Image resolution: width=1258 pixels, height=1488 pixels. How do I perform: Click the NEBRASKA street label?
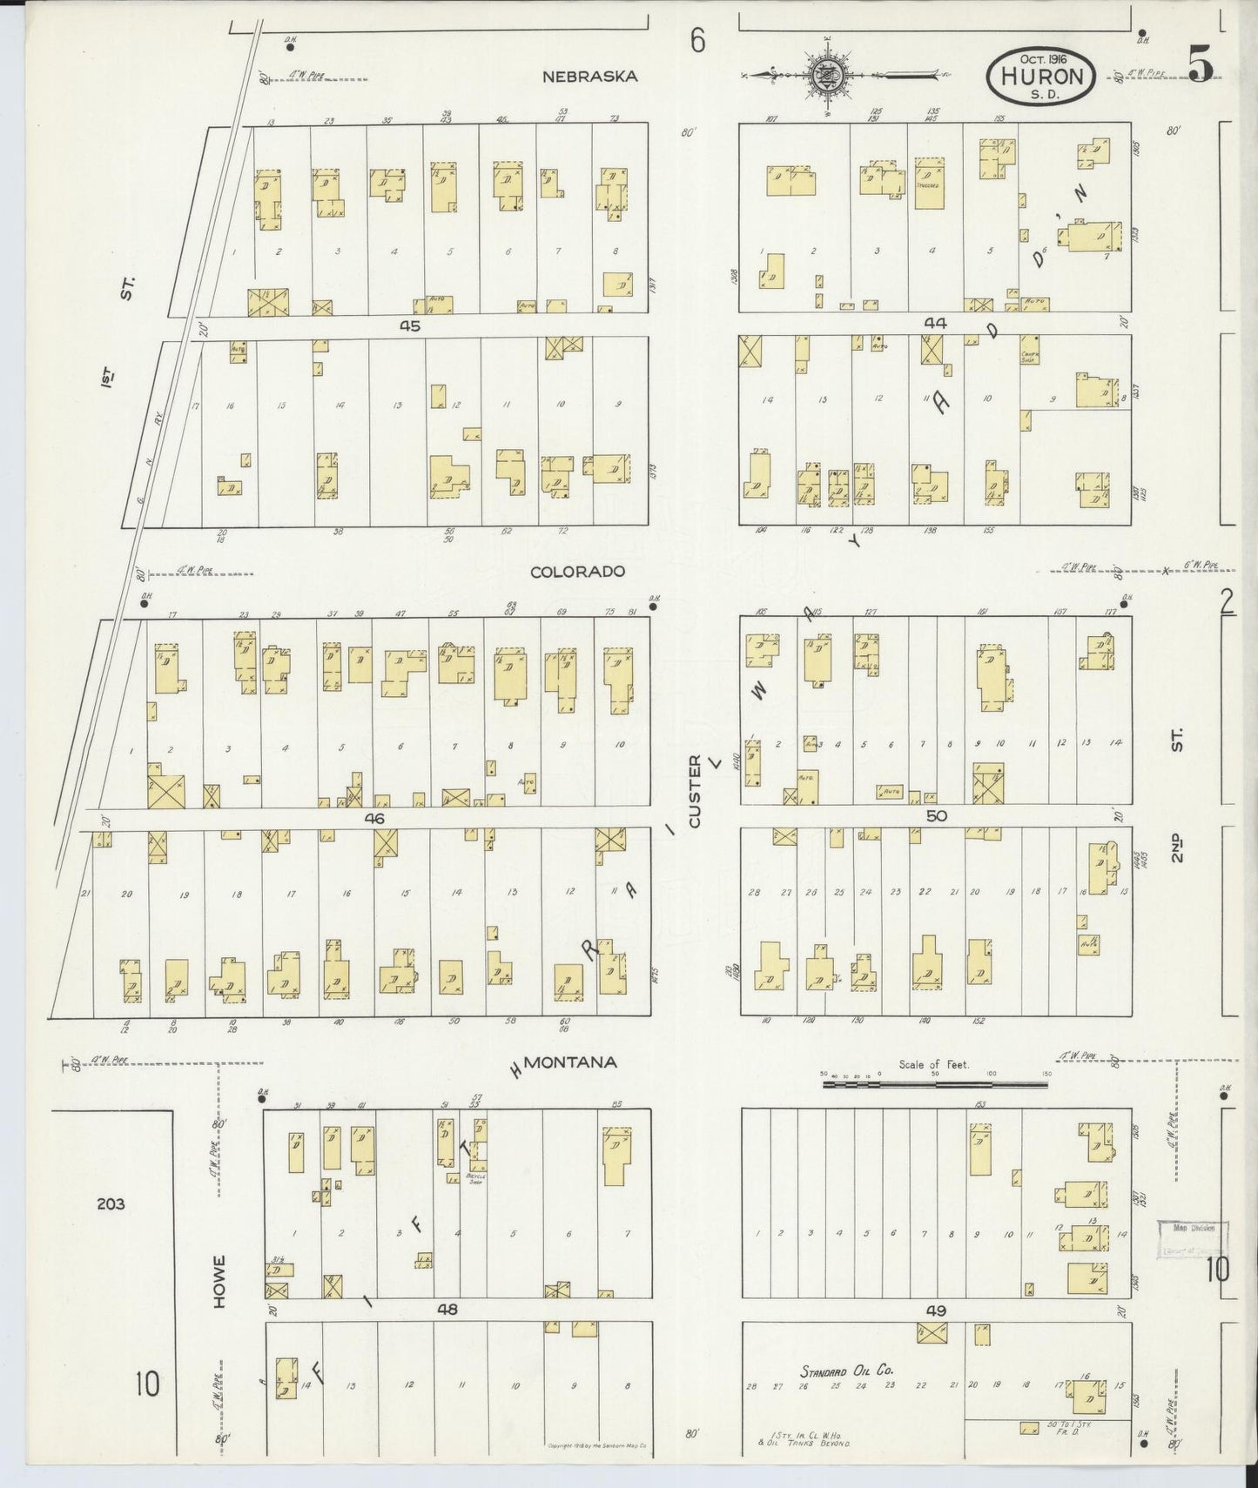590,77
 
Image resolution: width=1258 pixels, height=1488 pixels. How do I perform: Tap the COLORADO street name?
578,572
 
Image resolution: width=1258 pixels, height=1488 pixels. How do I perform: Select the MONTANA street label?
573,1062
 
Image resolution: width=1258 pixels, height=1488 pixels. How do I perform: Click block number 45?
410,325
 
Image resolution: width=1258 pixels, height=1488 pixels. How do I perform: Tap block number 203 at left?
111,1204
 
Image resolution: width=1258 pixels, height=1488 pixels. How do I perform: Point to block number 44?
934,323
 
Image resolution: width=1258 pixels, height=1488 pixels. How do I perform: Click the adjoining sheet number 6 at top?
696,40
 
